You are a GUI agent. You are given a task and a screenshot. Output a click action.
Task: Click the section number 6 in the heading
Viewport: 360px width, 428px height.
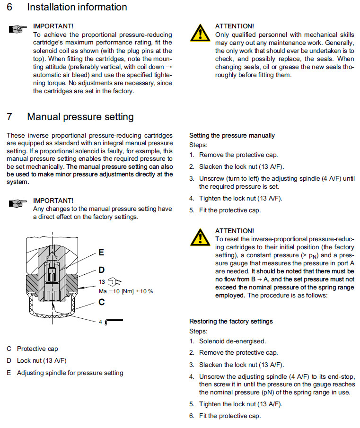(9, 7)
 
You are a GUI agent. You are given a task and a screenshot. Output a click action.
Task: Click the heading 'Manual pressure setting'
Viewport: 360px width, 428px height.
(80, 116)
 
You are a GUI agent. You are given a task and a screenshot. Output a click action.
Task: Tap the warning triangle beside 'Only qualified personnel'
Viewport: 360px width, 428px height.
(201, 33)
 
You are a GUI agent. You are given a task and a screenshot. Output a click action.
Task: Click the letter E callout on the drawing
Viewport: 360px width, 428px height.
(101, 253)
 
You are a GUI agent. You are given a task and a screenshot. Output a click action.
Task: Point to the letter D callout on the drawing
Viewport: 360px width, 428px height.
(101, 270)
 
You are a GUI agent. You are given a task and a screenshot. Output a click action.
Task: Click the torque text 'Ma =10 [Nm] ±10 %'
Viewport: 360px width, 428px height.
(125, 291)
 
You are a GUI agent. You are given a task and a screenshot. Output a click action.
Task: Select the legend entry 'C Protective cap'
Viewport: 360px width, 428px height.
(32, 349)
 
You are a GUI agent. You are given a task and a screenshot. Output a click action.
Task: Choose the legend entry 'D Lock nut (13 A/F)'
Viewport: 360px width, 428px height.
(36, 360)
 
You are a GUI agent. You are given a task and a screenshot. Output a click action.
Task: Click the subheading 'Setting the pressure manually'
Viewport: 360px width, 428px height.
(232, 135)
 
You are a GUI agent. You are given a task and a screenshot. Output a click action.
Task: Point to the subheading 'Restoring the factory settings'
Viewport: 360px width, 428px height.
(231, 321)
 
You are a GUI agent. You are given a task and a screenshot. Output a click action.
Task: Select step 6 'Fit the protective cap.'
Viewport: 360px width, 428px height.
(229, 416)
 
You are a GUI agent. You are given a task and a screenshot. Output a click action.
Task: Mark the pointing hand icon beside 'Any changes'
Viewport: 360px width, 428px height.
(17, 203)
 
